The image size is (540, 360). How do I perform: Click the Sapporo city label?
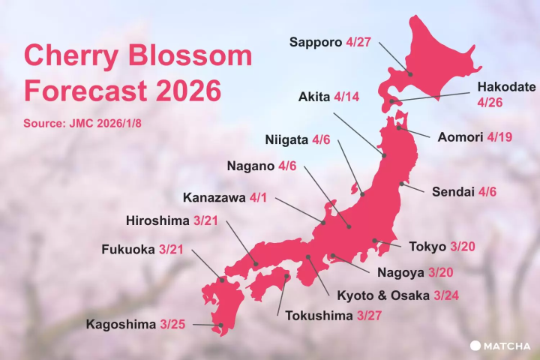(x=316, y=41)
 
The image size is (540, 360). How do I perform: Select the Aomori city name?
(x=459, y=137)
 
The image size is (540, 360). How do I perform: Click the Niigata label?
(x=286, y=139)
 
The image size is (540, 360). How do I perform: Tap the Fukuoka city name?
(x=127, y=249)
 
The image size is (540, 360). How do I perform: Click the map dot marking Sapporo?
(x=409, y=73)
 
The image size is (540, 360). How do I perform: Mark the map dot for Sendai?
(x=403, y=183)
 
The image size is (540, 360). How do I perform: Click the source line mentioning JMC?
(x=82, y=122)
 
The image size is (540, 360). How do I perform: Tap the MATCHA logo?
(x=500, y=345)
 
